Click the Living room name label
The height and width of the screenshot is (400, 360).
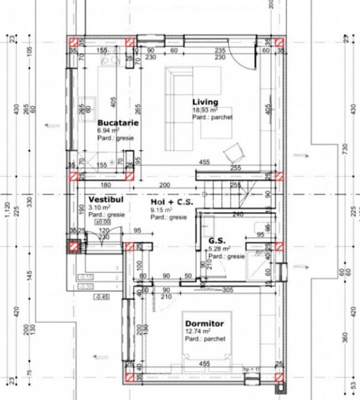[205, 102]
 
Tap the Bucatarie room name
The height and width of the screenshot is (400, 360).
[118, 123]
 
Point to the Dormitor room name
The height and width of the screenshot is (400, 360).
[204, 324]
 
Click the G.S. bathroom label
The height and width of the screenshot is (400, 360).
[217, 241]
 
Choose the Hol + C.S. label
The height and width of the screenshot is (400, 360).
[171, 202]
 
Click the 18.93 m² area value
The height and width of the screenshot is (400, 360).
[205, 110]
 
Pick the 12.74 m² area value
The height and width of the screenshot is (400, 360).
[198, 332]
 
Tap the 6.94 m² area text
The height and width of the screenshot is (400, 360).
[108, 131]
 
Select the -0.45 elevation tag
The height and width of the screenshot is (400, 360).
[101, 297]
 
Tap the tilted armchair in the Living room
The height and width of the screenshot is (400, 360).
[234, 153]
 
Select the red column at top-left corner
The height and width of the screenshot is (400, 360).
[73, 42]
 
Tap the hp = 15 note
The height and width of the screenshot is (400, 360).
[251, 369]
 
